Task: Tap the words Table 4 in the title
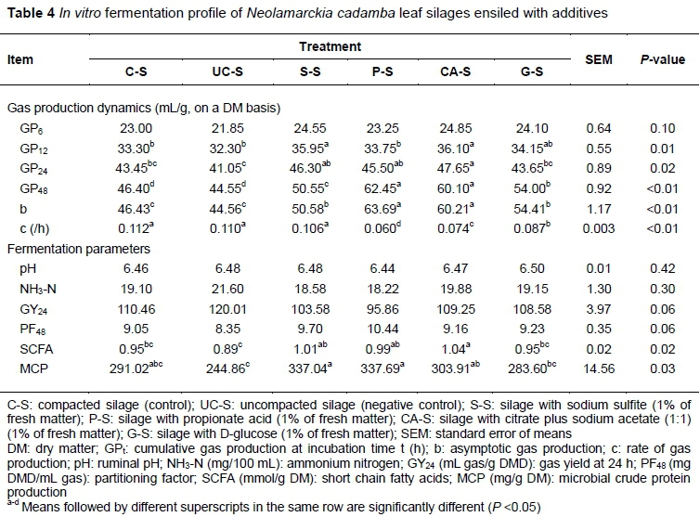(x=31, y=13)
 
